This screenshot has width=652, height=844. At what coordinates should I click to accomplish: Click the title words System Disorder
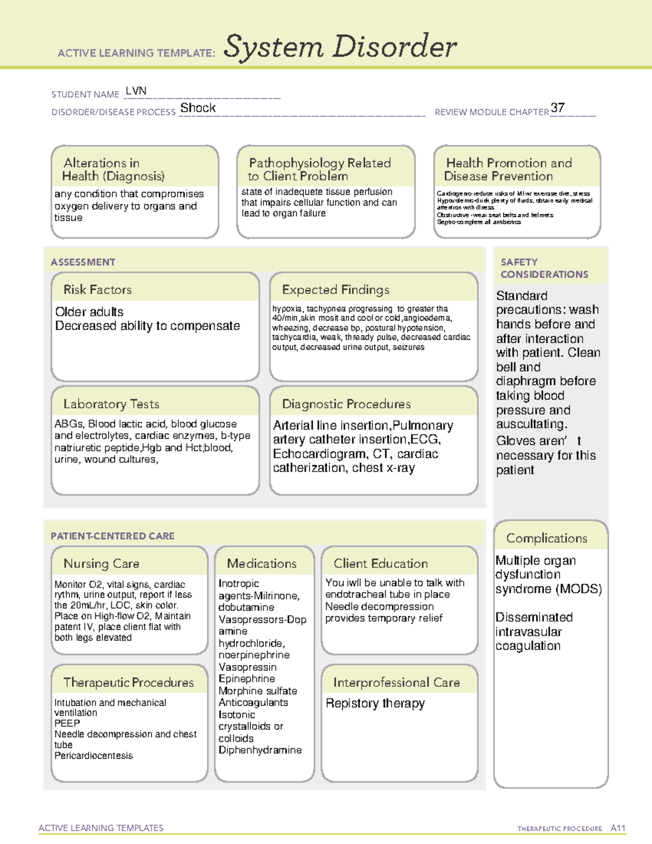[x=340, y=47]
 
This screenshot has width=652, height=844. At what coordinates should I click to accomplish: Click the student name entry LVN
[x=136, y=91]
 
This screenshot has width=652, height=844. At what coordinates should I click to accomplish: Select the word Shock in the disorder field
[x=198, y=108]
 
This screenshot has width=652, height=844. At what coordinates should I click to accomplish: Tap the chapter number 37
[x=557, y=108]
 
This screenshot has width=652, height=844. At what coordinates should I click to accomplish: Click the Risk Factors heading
[x=97, y=290]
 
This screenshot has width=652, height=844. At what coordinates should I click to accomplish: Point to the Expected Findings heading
[x=335, y=290]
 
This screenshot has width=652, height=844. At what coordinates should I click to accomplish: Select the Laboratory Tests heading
[x=111, y=404]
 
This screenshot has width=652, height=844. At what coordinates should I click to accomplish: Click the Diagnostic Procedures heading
[x=346, y=404]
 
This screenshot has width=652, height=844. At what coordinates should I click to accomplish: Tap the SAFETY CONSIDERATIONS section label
[x=544, y=268]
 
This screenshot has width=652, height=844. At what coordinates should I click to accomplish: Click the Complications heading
[x=546, y=538]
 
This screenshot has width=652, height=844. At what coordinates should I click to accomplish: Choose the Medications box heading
[x=261, y=564]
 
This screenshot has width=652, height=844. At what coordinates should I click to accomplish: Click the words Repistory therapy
[x=375, y=703]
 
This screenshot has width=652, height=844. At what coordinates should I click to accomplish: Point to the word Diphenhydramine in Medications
[x=260, y=750]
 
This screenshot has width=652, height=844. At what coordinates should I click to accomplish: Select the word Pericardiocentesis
[x=93, y=755]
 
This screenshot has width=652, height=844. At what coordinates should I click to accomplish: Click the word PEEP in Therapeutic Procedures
[x=67, y=723]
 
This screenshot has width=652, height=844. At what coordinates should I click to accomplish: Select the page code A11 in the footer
[x=618, y=828]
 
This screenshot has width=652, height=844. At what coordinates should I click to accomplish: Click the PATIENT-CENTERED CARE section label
[x=112, y=536]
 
